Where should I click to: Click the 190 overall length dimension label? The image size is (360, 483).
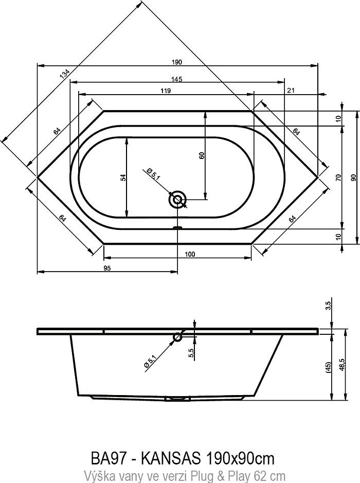(x=177, y=62)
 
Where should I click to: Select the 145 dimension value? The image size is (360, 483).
(x=177, y=79)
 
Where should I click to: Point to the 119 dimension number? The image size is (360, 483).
(x=165, y=90)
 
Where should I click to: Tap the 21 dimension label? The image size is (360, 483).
(x=291, y=90)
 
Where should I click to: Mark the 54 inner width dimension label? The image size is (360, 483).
(x=122, y=177)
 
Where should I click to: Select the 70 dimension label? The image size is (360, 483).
(x=338, y=177)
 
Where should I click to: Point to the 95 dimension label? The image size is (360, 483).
(x=109, y=267)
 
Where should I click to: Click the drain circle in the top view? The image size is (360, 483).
(x=178, y=199)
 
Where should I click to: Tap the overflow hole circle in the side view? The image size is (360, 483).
(x=177, y=337)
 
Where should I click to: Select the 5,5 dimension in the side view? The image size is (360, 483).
(x=191, y=352)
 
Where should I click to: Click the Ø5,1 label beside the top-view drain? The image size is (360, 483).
(x=153, y=173)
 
